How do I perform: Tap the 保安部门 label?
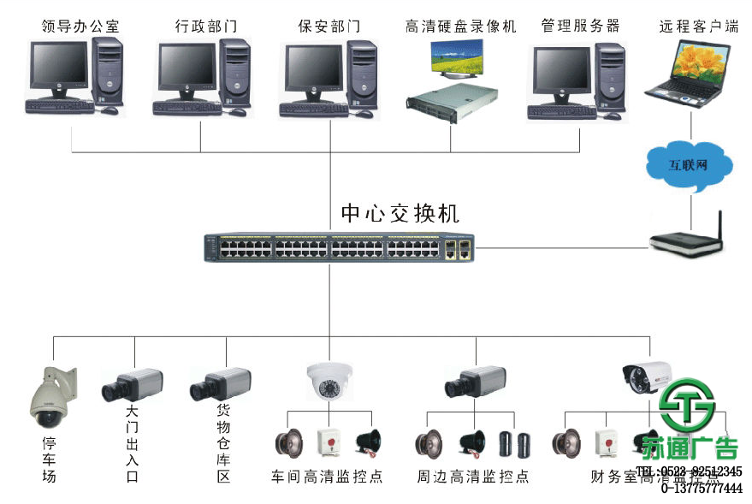[329, 26]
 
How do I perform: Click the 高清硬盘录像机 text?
[461, 26]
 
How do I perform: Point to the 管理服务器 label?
[580, 26]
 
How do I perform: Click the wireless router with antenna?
[690, 240]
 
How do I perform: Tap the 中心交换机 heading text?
[400, 213]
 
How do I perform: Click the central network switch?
[339, 248]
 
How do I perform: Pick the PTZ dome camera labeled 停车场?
[52, 397]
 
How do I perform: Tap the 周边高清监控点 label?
[473, 476]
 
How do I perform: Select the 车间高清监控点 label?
[327, 476]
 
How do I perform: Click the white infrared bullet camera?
[648, 374]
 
